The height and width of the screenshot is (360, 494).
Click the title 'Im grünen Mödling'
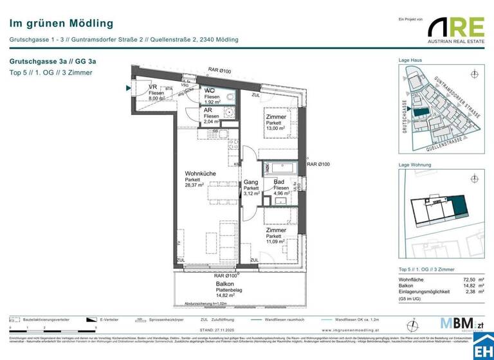[x=61, y=24]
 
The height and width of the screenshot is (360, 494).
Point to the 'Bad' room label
[x=279, y=183]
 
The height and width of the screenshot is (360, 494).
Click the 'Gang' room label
[x=250, y=183]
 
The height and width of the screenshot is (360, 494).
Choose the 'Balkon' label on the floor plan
[x=224, y=283]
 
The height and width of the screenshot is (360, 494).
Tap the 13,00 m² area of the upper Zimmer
[x=275, y=129]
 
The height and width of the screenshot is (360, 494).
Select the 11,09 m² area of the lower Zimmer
[x=276, y=242]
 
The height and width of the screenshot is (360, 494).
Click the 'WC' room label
[x=210, y=91]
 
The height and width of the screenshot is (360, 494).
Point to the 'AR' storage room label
[x=208, y=109]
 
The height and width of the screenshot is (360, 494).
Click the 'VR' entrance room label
[x=153, y=87]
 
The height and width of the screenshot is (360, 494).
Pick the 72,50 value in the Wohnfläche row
[x=460, y=280]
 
